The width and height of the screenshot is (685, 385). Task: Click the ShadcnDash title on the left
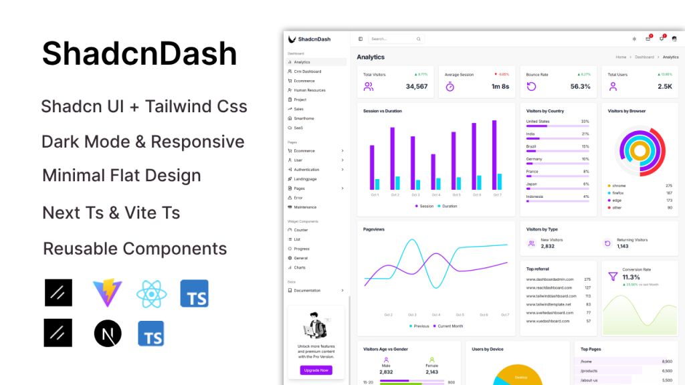[139, 53]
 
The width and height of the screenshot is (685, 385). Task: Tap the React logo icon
[151, 293]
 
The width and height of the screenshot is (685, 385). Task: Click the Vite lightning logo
[107, 293]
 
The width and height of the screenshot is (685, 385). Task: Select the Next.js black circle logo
[108, 333]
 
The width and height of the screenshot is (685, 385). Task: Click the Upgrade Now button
[316, 370]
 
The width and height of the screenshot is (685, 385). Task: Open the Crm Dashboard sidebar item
[307, 72]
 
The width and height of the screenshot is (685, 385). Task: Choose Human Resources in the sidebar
[309, 90]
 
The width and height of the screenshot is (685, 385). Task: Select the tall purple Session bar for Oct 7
[494, 155]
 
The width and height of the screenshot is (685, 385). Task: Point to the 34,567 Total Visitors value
[416, 86]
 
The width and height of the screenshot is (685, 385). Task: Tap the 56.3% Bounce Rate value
[580, 86]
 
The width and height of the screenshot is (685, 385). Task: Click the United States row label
[538, 122]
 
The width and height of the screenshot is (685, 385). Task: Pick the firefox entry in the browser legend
[619, 192]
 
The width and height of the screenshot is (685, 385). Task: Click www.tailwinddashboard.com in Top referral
[551, 295]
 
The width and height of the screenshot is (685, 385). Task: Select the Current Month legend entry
[449, 326]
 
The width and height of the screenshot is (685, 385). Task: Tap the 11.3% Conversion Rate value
[631, 277]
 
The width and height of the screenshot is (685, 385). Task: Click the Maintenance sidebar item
[305, 207]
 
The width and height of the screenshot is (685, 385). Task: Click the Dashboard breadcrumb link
[644, 57]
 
